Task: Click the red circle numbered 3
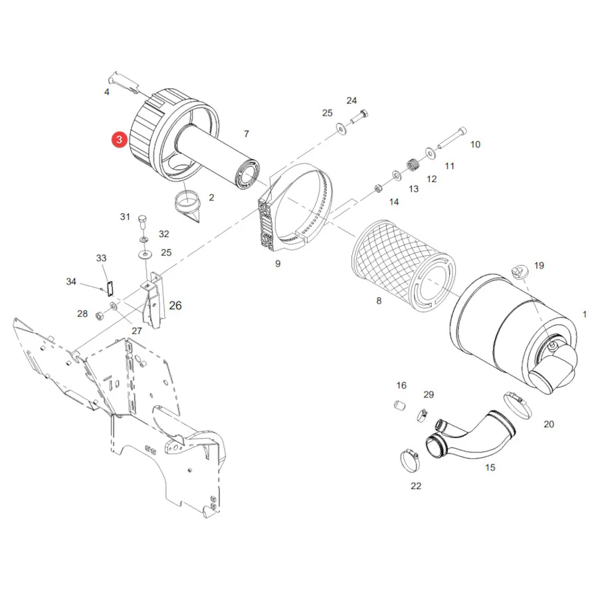119,140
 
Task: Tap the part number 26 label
175,306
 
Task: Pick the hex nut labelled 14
378,188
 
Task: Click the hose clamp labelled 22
410,460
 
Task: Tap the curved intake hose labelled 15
470,435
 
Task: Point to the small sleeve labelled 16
399,405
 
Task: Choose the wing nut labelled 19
520,272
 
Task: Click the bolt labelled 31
143,221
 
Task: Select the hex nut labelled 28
99,316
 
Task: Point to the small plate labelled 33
110,288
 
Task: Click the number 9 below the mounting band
278,264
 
